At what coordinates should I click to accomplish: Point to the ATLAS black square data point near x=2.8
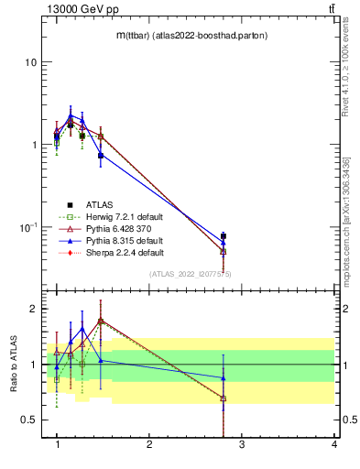click(x=224, y=236)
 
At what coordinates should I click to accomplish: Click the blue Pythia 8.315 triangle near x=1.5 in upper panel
click(x=101, y=155)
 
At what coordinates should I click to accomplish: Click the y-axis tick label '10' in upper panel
click(x=30, y=62)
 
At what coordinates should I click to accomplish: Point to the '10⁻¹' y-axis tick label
click(x=27, y=226)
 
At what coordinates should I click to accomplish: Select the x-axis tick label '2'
click(x=149, y=445)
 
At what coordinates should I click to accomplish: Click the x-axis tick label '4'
click(x=333, y=445)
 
